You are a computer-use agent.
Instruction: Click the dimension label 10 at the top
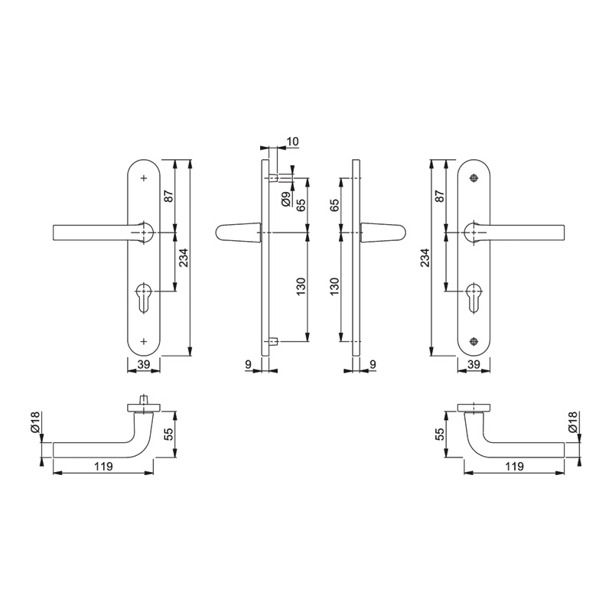(x=293, y=142)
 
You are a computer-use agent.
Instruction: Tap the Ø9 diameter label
(x=286, y=200)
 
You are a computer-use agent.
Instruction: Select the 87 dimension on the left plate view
(x=168, y=196)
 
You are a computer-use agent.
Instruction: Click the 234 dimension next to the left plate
(x=184, y=258)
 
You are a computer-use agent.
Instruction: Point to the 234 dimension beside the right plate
(x=425, y=258)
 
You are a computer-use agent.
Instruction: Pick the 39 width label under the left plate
(x=144, y=364)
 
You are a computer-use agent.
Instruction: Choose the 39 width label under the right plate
(x=474, y=364)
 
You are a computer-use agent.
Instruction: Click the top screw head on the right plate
(x=474, y=178)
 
